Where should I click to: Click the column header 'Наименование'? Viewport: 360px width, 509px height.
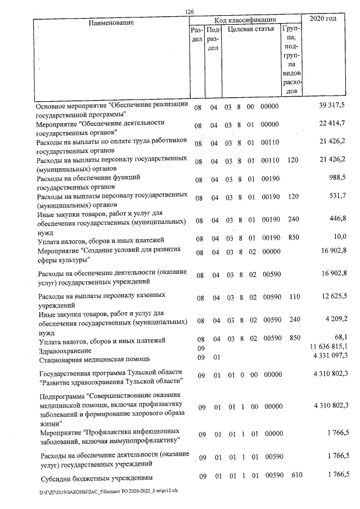coord(111,22)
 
